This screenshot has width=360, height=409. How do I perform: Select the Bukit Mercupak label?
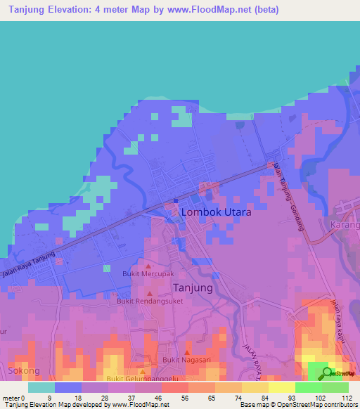pyautogui.click(x=148, y=274)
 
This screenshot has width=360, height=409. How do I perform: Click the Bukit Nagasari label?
pyautogui.click(x=187, y=360)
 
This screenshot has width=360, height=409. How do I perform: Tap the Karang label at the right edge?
pyautogui.click(x=345, y=226)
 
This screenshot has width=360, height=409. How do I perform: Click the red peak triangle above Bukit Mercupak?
pyautogui.click(x=148, y=266)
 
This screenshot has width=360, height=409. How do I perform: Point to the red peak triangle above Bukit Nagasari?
pyautogui.click(x=187, y=352)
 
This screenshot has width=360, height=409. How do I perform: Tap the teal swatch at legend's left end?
pyautogui.click(x=41, y=387)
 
